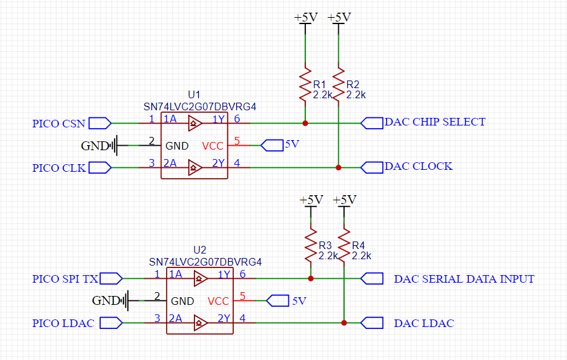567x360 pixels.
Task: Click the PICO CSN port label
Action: tap(58, 124)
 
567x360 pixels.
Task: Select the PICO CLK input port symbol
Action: tap(100, 167)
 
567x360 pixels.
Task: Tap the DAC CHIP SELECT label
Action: tap(435, 122)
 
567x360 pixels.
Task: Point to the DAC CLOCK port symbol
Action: tap(372, 167)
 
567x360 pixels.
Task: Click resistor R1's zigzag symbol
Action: tap(305, 84)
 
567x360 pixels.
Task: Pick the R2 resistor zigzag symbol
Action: tap(338, 84)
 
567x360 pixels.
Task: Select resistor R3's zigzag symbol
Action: tap(310, 245)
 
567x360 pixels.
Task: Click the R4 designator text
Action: tap(358, 245)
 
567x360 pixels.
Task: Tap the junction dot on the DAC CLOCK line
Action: tap(338, 167)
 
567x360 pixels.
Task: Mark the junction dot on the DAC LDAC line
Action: tap(344, 323)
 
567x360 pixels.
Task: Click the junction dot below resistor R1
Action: tap(305, 124)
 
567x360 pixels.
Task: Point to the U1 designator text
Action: tap(194, 95)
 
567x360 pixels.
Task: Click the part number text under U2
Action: tap(205, 262)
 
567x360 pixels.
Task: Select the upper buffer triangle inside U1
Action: tap(195, 124)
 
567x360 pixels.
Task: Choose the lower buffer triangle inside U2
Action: tap(200, 323)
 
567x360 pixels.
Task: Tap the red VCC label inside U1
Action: tap(213, 146)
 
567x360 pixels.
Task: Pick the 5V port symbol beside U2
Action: tap(277, 300)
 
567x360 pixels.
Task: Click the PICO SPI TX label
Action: tap(65, 279)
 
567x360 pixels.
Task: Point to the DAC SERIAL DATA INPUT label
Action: tap(464, 279)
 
